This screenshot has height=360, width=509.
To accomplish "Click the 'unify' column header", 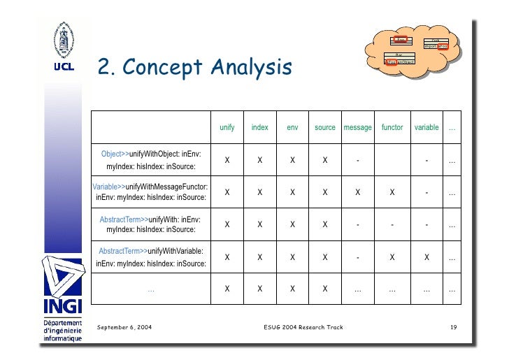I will pyautogui.click(x=227, y=127).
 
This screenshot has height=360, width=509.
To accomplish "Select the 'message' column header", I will pyautogui.click(x=357, y=127).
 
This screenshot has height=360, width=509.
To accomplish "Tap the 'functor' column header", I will pyautogui.click(x=392, y=127).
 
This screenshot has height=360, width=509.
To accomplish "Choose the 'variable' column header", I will pyautogui.click(x=426, y=127).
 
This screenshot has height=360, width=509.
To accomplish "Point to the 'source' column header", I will pyautogui.click(x=325, y=127).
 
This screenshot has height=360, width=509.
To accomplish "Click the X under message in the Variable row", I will pyautogui.click(x=357, y=192).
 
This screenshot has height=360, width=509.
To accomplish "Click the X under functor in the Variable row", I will pyautogui.click(x=392, y=192).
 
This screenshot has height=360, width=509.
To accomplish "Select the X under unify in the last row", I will pyautogui.click(x=227, y=289).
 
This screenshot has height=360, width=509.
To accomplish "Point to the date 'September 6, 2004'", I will pyautogui.click(x=125, y=327).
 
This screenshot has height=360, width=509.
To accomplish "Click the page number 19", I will pyautogui.click(x=453, y=327).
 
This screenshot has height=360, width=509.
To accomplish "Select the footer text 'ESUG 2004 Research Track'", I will pyautogui.click(x=303, y=327).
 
